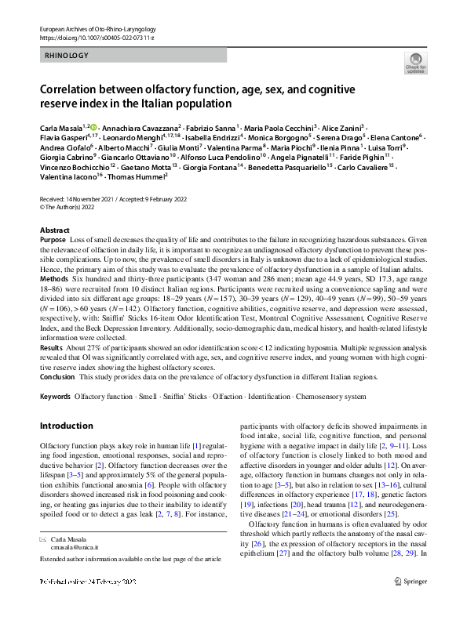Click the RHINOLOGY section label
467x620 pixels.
pyautogui.click(x=67, y=56)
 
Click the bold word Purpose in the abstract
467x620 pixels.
pyautogui.click(x=53, y=240)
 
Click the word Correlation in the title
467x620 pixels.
pyautogui.click(x=75, y=89)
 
